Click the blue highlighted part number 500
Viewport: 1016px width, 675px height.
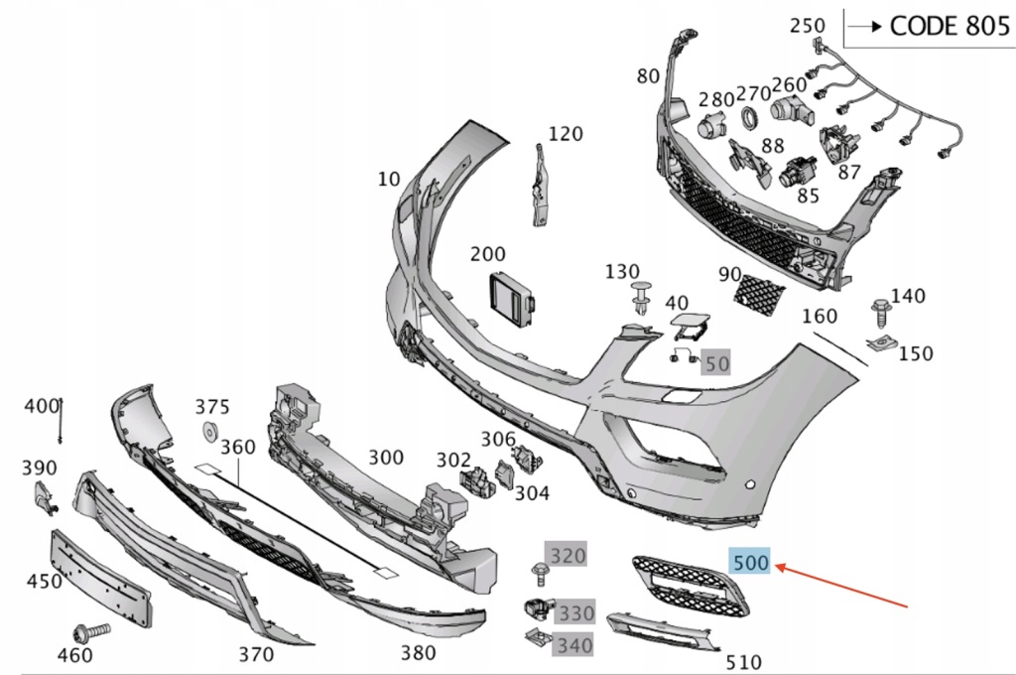tap(750, 563)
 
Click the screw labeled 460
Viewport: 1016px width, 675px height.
tap(85, 631)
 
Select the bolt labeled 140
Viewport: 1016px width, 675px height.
tap(879, 314)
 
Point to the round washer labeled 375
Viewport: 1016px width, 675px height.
tap(210, 431)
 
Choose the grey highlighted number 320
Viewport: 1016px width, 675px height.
tap(568, 555)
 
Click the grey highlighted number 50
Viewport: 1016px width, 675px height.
tap(716, 363)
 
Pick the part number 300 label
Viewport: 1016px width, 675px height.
tap(386, 457)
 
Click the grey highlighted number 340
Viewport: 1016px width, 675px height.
tap(573, 644)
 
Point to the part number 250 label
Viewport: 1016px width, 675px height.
tap(807, 26)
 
